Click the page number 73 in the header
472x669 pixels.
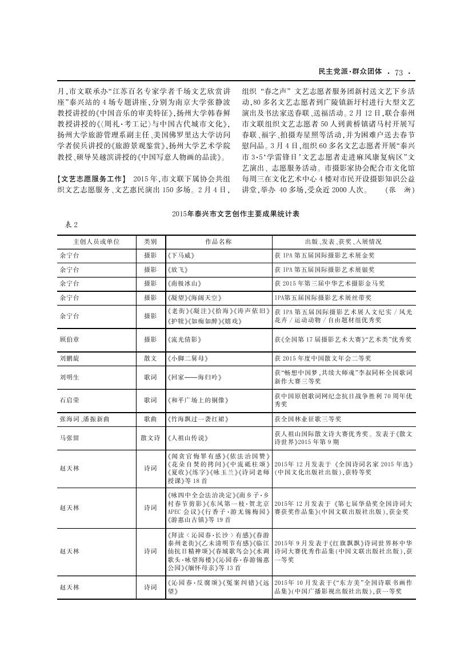tap(398, 72)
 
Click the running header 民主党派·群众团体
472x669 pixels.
tap(350, 72)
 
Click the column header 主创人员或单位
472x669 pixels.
tap(93, 242)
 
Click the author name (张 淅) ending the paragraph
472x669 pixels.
tap(399, 189)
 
